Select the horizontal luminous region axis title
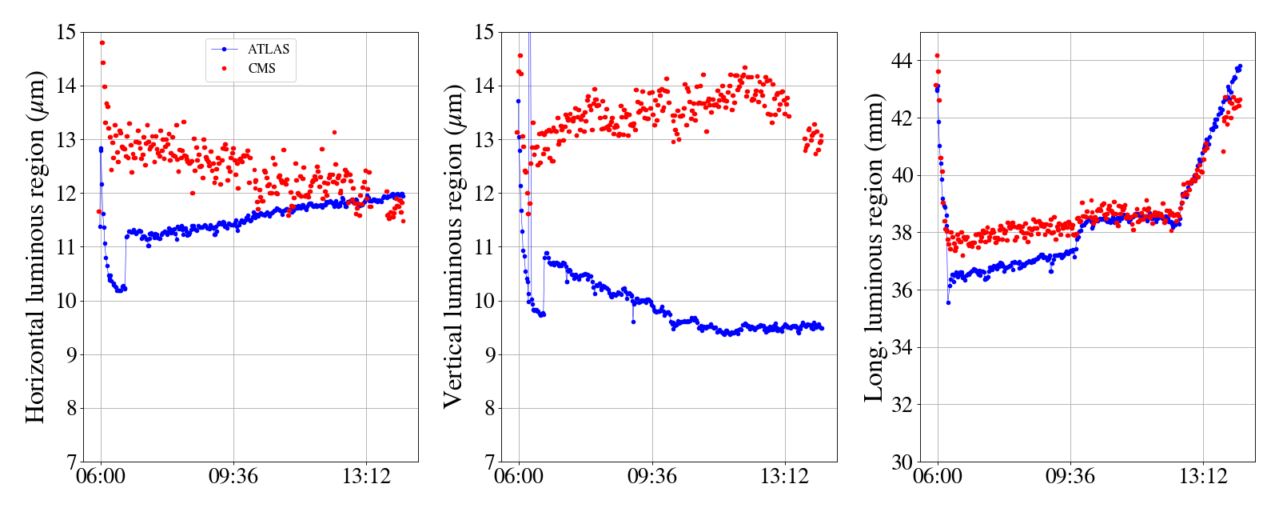(35, 246)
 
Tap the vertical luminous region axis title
(452, 246)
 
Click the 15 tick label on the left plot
(66, 33)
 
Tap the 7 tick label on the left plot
(72, 462)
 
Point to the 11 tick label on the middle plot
(484, 247)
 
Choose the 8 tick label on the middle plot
(490, 409)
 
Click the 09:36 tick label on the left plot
(233, 478)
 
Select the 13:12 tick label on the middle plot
(784, 478)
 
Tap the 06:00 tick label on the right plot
(938, 478)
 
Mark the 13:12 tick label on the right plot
(1203, 478)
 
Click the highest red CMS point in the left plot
(102, 42)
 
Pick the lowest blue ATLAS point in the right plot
(948, 302)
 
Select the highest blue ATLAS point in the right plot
(1240, 66)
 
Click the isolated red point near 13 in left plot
(334, 132)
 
